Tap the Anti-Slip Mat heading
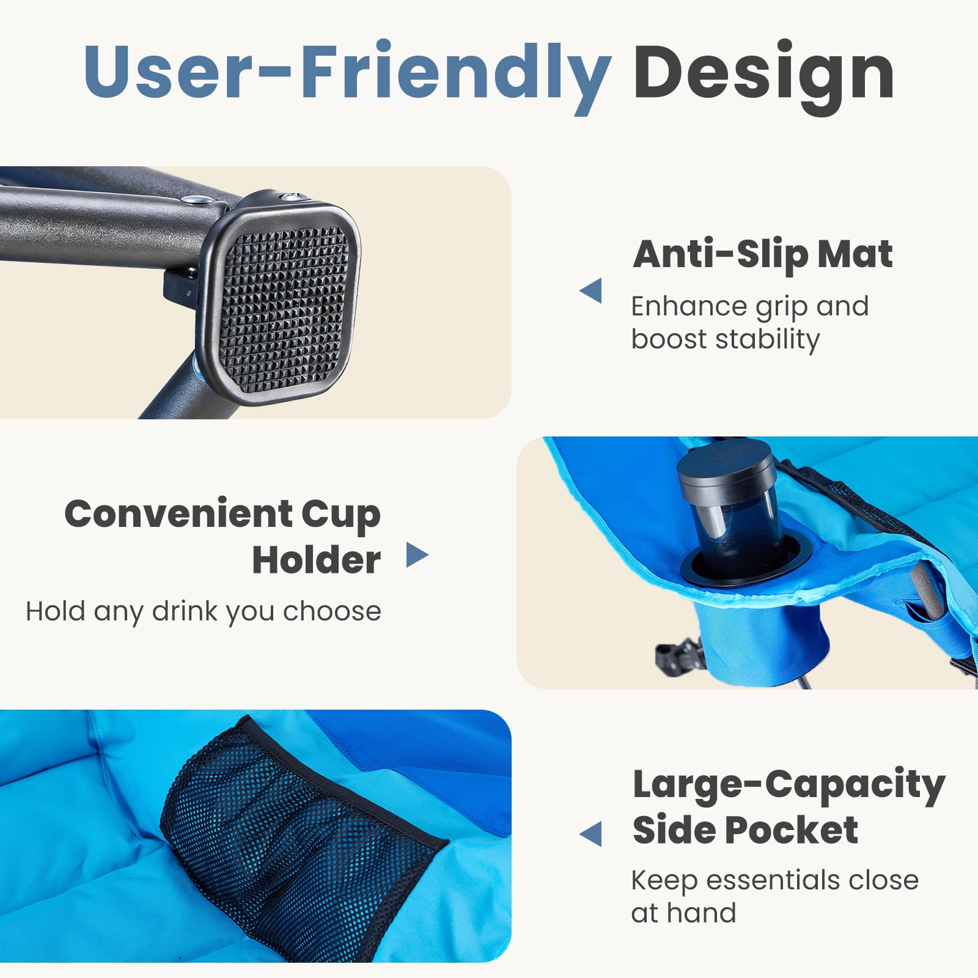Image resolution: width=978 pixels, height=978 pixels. coord(763,254)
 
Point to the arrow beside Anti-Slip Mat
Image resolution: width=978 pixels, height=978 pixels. coord(590,290)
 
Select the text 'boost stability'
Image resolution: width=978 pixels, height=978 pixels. coord(725,339)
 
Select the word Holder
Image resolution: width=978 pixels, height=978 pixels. coord(316,559)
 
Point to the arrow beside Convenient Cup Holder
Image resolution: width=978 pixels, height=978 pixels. coord(417,555)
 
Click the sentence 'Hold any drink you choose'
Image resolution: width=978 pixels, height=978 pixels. coord(204,611)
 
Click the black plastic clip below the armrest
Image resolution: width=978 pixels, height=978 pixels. coord(678,655)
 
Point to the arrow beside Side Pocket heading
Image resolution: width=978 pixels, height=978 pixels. coord(590,834)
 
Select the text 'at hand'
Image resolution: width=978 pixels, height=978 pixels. coord(683,913)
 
